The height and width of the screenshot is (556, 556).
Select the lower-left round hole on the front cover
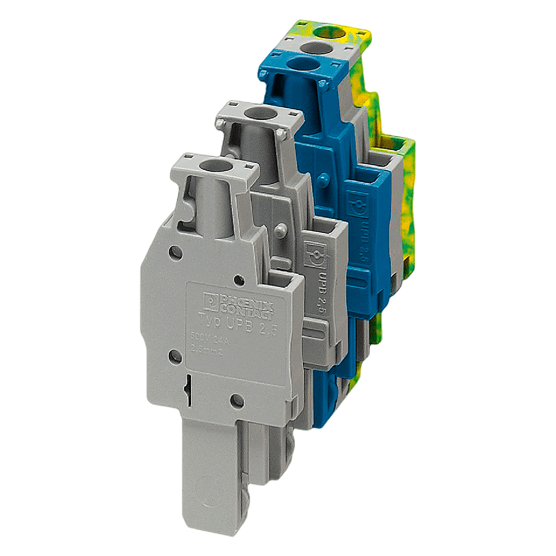(x=174, y=357)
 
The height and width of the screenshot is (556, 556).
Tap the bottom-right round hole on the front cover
(x=236, y=401)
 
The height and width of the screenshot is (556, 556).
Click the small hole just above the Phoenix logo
(x=238, y=280)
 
